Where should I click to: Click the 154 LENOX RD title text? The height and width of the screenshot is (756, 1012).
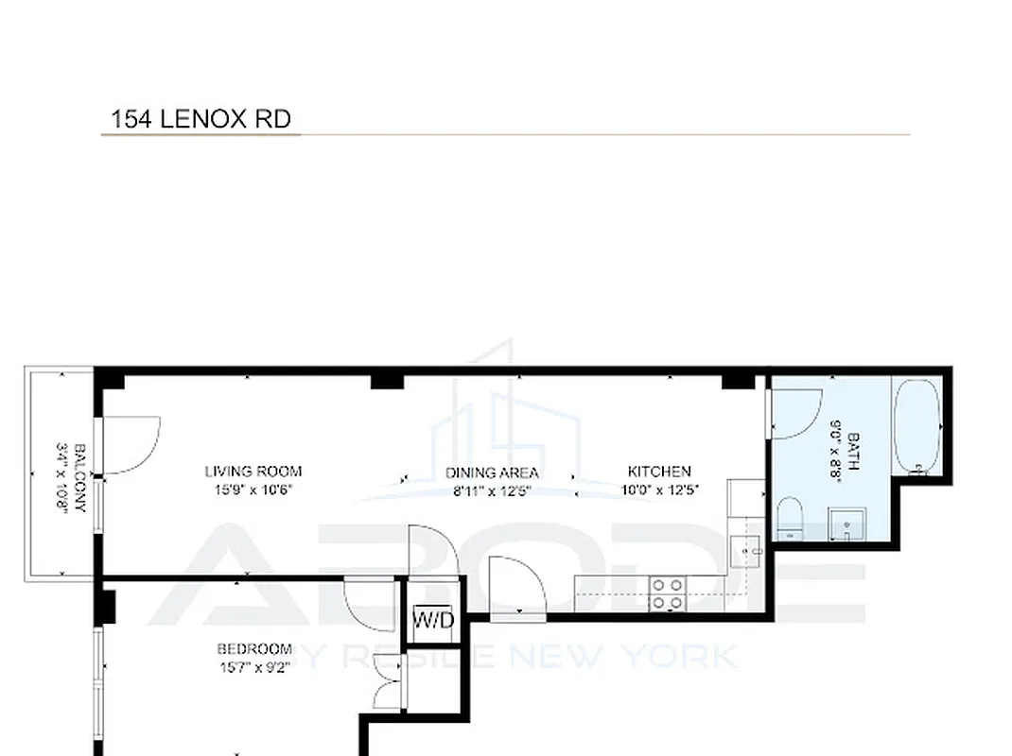[x=201, y=119]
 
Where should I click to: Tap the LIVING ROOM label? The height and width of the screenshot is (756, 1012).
[x=253, y=471]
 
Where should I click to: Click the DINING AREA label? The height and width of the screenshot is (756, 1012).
[x=492, y=472]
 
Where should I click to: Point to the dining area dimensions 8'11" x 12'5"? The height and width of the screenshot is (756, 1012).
[x=492, y=489]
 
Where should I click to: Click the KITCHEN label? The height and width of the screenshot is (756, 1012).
[x=659, y=471]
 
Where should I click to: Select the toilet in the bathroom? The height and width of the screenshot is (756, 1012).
[x=790, y=520]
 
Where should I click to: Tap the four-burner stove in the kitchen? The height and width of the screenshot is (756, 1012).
[x=667, y=593]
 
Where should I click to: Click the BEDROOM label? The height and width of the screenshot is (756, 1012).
[x=253, y=648]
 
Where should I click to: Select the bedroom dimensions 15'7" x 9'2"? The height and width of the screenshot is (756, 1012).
[x=253, y=665]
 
